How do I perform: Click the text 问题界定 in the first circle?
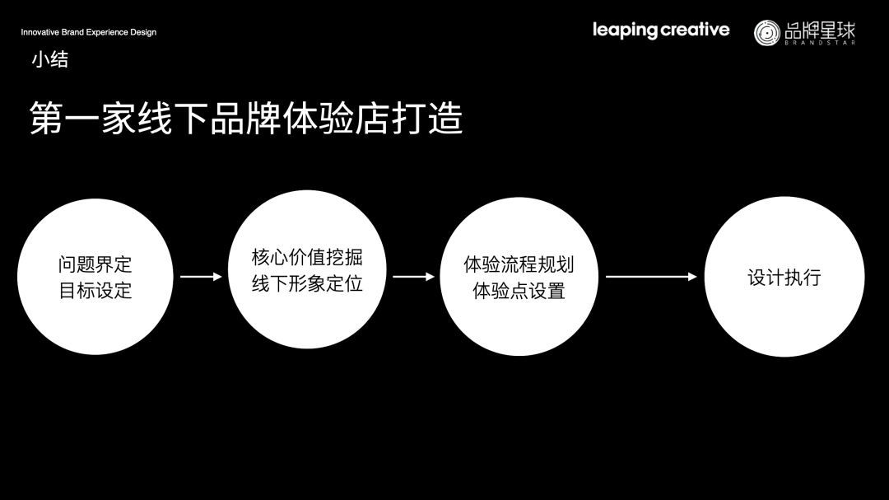click(x=95, y=264)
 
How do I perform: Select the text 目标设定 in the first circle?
click(x=95, y=291)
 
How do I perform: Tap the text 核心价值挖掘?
click(x=307, y=257)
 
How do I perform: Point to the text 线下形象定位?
click(x=307, y=283)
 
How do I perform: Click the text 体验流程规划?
click(x=519, y=264)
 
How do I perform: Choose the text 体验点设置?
click(x=519, y=291)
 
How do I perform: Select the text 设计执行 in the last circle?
click(x=784, y=278)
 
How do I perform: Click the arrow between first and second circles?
click(x=201, y=277)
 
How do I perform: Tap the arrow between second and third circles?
click(x=413, y=277)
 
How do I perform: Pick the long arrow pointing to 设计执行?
click(x=651, y=277)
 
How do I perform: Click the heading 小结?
click(x=49, y=59)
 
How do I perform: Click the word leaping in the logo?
click(x=625, y=30)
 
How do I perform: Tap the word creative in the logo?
click(x=696, y=30)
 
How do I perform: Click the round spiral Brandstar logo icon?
click(x=766, y=32)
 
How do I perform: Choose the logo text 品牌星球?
click(x=820, y=30)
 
